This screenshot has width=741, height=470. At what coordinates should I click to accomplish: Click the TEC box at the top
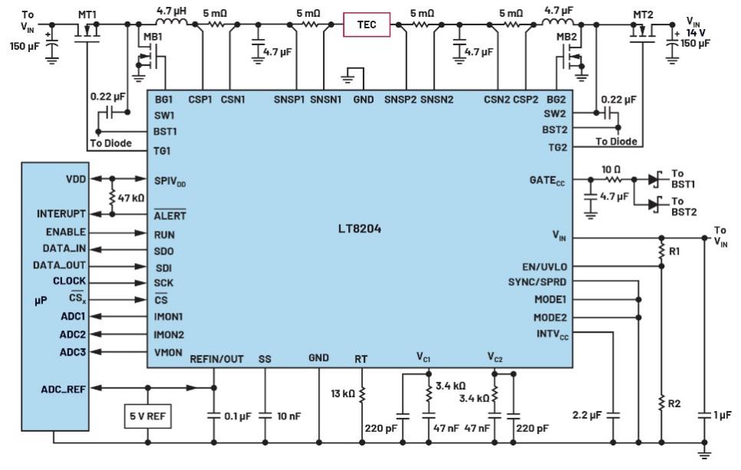(367, 25)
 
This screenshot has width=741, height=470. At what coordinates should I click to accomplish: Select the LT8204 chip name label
(360, 228)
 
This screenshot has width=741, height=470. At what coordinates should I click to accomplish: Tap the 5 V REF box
(147, 416)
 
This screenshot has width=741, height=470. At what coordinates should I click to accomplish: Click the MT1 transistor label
(87, 15)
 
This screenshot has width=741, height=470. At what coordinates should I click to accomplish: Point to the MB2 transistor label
(566, 37)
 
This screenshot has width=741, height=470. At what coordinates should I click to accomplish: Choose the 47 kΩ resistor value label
(131, 198)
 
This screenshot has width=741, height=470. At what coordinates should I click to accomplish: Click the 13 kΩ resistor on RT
(362, 394)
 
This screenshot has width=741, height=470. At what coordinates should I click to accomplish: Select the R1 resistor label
(674, 251)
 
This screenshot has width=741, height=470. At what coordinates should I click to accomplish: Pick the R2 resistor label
(674, 403)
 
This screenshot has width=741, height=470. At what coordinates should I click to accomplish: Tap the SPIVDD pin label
(170, 181)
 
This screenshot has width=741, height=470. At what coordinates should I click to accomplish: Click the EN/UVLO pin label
(545, 267)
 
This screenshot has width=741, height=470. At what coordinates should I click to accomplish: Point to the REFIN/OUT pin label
(216, 359)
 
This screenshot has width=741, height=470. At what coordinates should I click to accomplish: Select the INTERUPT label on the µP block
(61, 214)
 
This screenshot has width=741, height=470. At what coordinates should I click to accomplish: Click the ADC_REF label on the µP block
(64, 389)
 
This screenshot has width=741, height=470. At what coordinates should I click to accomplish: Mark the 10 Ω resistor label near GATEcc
(611, 169)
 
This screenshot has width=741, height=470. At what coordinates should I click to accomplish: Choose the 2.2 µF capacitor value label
(587, 416)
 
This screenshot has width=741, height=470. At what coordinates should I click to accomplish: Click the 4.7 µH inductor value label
(171, 11)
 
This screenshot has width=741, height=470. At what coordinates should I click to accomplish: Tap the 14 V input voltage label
(696, 33)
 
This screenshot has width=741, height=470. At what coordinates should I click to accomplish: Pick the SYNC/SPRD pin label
(537, 282)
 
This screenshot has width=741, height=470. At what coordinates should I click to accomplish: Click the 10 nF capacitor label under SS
(288, 416)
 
